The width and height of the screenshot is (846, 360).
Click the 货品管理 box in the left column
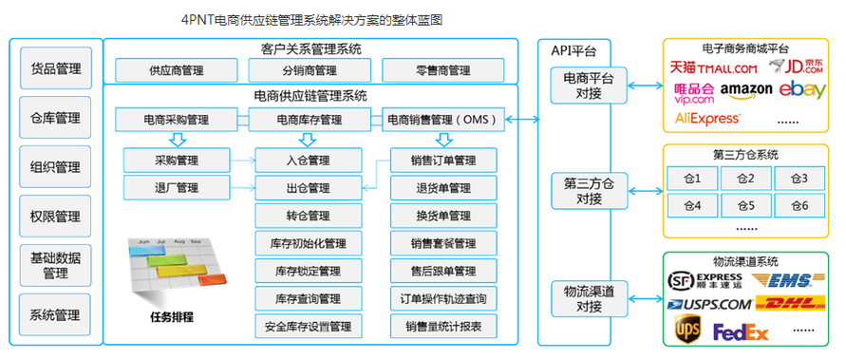(55, 69)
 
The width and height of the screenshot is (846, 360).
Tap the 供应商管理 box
(175, 69)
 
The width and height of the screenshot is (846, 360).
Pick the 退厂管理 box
(175, 186)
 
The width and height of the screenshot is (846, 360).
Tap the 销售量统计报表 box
(442, 326)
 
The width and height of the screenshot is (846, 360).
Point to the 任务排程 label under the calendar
(170, 316)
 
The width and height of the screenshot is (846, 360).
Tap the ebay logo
(804, 89)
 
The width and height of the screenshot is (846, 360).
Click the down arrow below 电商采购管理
(175, 139)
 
